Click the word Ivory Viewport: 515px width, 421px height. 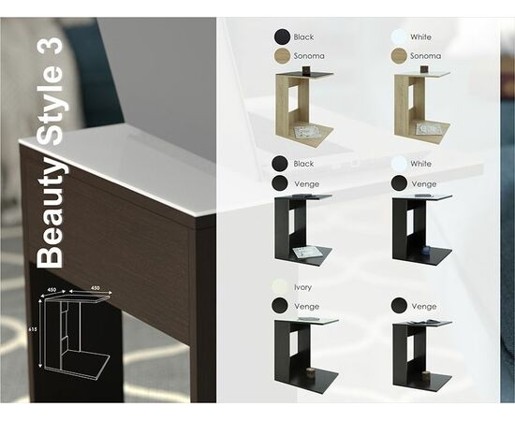[302, 287]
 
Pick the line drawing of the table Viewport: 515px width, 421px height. [72, 335]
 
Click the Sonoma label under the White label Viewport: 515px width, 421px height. [425, 56]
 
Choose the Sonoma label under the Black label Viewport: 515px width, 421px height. [309, 56]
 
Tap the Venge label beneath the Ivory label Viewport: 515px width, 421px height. [305, 306]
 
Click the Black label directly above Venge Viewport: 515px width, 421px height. [303, 164]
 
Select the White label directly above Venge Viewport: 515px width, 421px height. [421, 164]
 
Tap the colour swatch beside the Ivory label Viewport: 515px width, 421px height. [280, 287]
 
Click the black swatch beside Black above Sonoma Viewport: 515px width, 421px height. [281, 36]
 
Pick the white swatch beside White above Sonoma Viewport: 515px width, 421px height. [400, 36]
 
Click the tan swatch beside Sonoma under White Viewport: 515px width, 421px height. [400, 56]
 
